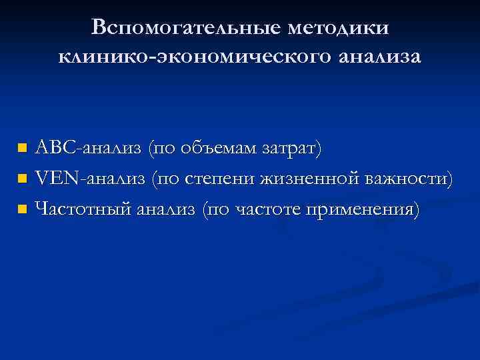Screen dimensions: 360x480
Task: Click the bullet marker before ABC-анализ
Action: click(x=23, y=147)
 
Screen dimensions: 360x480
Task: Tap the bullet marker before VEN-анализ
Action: click(x=23, y=179)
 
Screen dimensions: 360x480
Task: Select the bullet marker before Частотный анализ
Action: click(x=23, y=210)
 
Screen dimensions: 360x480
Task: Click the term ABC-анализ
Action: click(x=88, y=147)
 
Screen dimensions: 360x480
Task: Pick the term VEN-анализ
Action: click(x=90, y=178)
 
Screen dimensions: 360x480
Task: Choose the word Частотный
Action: click(x=82, y=209)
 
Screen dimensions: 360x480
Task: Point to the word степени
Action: click(x=216, y=178)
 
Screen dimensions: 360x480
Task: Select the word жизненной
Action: click(x=305, y=178)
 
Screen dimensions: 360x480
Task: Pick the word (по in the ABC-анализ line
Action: click(x=162, y=147)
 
